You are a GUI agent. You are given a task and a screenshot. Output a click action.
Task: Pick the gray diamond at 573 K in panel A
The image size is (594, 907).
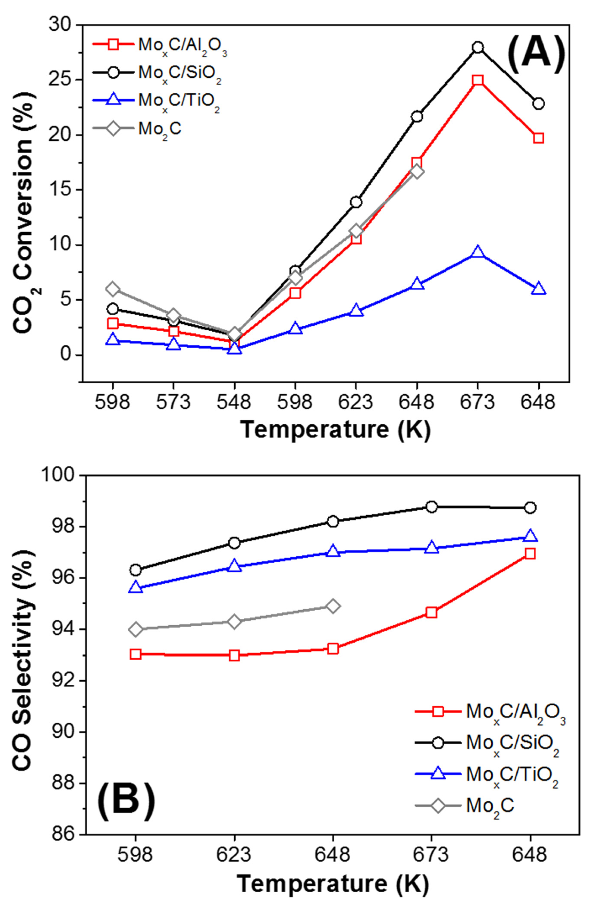[173, 315]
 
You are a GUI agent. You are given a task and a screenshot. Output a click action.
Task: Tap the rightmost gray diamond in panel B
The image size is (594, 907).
[333, 606]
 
